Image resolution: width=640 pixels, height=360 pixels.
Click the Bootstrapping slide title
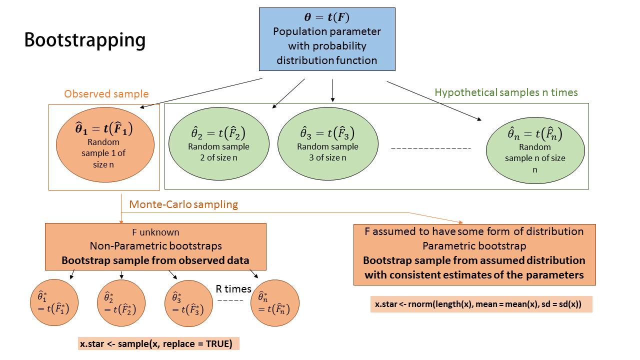[x=85, y=40]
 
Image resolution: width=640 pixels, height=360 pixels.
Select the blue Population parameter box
[x=326, y=39]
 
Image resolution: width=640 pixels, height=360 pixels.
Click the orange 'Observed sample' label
[x=106, y=94]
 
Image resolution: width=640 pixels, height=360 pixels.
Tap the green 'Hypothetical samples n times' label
[x=506, y=92]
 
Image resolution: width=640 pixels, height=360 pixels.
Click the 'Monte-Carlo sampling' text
[x=183, y=204]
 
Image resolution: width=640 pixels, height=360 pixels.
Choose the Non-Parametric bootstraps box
[x=155, y=246]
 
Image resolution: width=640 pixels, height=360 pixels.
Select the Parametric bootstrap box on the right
[x=474, y=254]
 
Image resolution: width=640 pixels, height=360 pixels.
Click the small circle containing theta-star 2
[x=121, y=303]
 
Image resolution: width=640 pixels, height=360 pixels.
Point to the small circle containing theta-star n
[x=275, y=303]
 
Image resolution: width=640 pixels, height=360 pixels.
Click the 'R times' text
[x=233, y=288]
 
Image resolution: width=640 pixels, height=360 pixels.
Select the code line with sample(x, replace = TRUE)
[x=158, y=343]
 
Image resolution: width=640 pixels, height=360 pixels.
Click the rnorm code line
[x=481, y=304]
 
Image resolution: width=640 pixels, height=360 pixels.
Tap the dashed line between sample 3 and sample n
[x=431, y=148]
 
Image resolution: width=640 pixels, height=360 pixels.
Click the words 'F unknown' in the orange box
[x=155, y=232]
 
